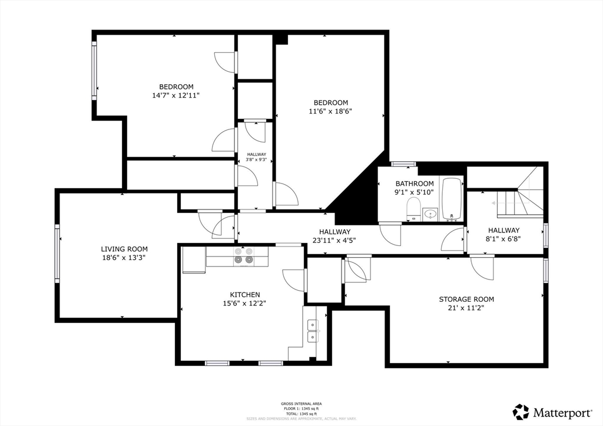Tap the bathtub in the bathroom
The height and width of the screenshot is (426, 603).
point(452,198)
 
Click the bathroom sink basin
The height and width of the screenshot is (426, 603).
point(430,214)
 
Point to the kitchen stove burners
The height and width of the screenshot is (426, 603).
point(244,256)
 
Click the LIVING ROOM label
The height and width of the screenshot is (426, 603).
point(124,249)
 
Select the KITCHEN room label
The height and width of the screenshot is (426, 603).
point(245,295)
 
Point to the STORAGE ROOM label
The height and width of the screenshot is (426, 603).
point(466,299)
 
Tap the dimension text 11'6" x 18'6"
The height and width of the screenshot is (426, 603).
point(330,111)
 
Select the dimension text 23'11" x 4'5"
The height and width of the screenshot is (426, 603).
point(334,240)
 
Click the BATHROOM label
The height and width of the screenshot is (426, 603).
point(415,184)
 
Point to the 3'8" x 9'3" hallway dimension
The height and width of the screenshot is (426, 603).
point(256,159)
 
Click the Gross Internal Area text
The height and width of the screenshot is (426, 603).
point(301,404)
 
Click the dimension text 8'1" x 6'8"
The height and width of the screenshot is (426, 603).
point(503,239)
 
